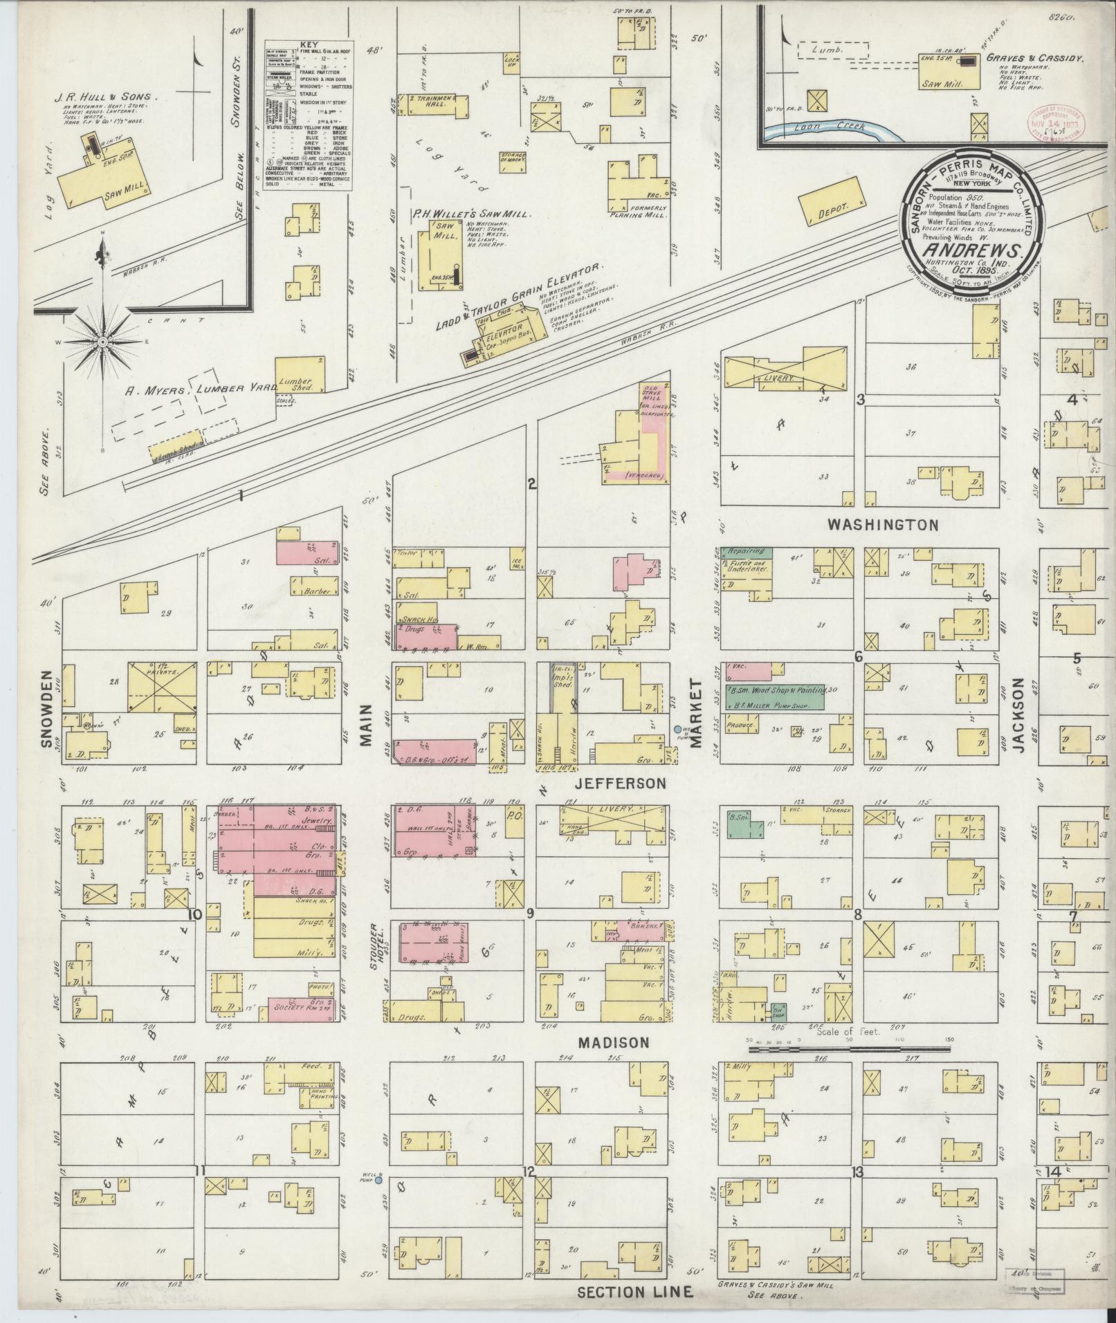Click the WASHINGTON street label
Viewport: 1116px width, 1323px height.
[x=883, y=525]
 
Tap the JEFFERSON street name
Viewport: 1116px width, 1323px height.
[x=621, y=784]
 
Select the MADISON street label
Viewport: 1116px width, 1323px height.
[x=614, y=1042]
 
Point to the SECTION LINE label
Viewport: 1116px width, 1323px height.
[x=634, y=1292]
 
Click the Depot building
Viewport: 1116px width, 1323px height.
[x=832, y=201]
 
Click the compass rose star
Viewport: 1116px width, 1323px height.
[x=102, y=342]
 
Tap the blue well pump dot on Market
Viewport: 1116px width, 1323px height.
[x=677, y=729]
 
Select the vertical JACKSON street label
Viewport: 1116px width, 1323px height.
[x=1016, y=712]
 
